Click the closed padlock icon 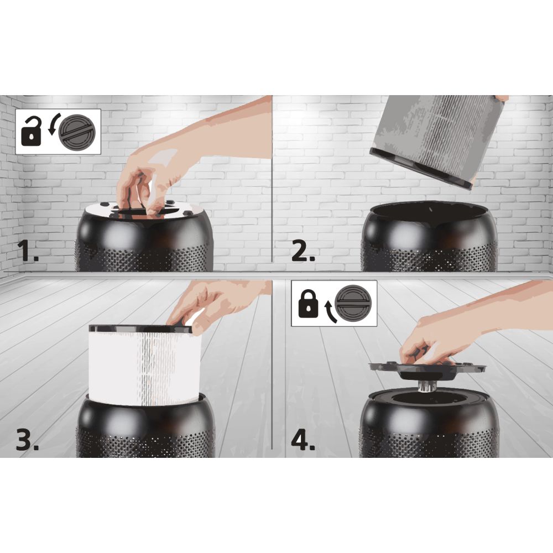click(x=308, y=303)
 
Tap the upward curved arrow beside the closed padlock click(x=330, y=310)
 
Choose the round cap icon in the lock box click(x=353, y=303)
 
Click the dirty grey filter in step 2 click(x=437, y=140)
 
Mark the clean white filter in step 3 click(x=144, y=365)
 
